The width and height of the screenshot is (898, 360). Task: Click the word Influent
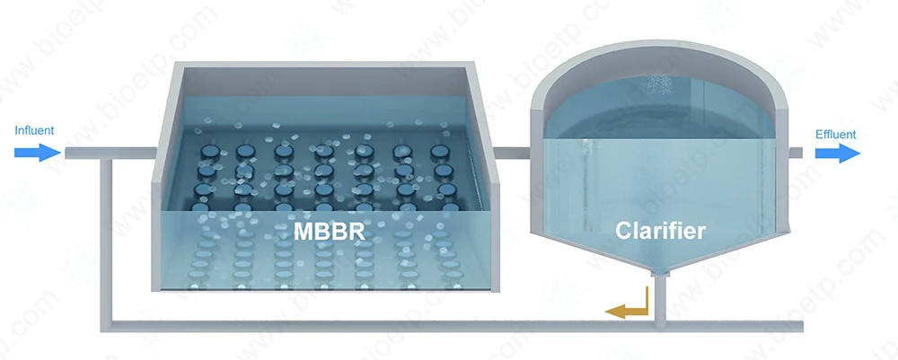(x=34, y=131)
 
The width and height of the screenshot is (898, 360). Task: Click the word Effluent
(x=835, y=135)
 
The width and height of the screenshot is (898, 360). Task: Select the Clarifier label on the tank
(x=660, y=231)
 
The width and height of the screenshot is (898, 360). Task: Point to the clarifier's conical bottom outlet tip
(x=660, y=270)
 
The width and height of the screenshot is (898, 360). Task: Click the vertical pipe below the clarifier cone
(x=660, y=296)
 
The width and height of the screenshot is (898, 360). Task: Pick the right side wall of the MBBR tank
(x=494, y=180)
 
